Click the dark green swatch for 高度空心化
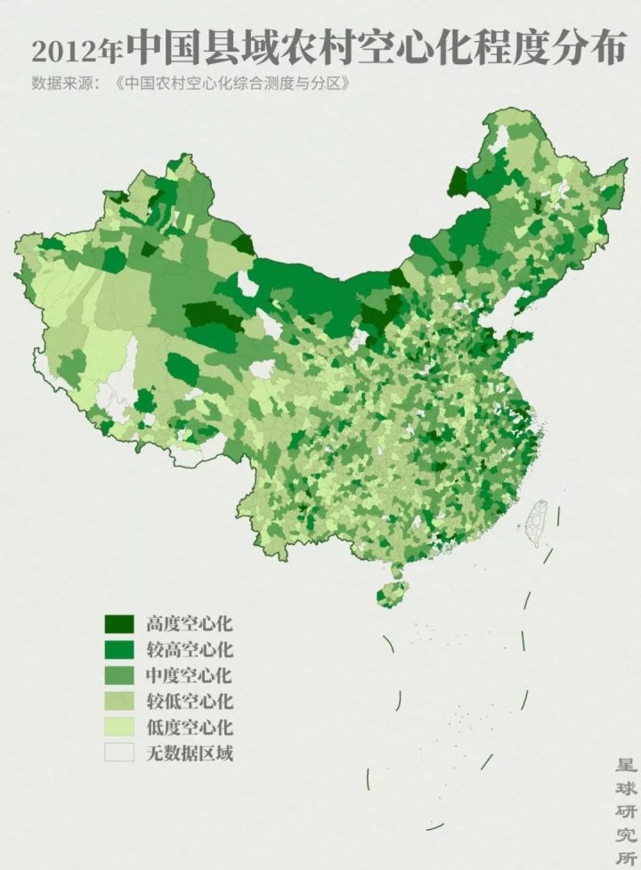tap(118, 623)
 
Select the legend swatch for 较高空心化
tap(118, 649)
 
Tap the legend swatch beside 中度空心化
tap(118, 675)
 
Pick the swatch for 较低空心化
tap(118, 701)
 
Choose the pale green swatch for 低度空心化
tap(118, 727)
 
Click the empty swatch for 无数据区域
tap(118, 752)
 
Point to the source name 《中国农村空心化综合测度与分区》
tap(230, 85)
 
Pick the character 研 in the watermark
tap(626, 812)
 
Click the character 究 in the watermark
tap(626, 835)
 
